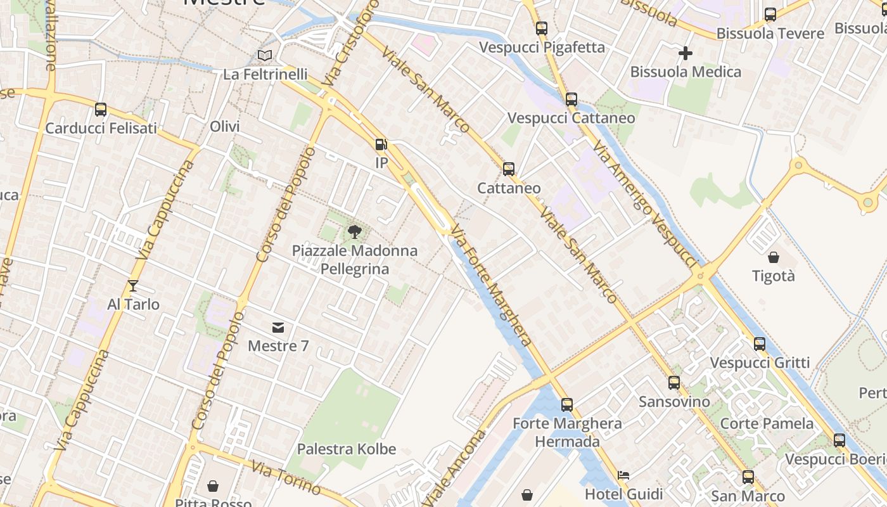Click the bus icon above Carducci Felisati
[101, 110]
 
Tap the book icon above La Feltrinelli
[265, 56]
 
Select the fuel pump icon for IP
[381, 144]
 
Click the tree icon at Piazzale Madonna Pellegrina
[355, 232]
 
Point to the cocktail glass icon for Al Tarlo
[132, 286]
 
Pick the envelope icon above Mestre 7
[278, 328]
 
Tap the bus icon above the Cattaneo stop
[509, 169]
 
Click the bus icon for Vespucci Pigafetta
[541, 29]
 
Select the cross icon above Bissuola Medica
[685, 53]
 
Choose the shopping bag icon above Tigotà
[773, 257]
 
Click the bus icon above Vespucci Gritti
[760, 344]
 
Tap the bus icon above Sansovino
[674, 383]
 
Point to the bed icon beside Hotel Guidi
[623, 475]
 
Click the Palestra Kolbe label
[347, 449]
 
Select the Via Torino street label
[286, 477]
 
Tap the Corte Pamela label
[767, 423]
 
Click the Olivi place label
[225, 127]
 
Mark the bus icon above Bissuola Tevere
[770, 15]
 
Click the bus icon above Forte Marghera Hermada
[567, 404]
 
